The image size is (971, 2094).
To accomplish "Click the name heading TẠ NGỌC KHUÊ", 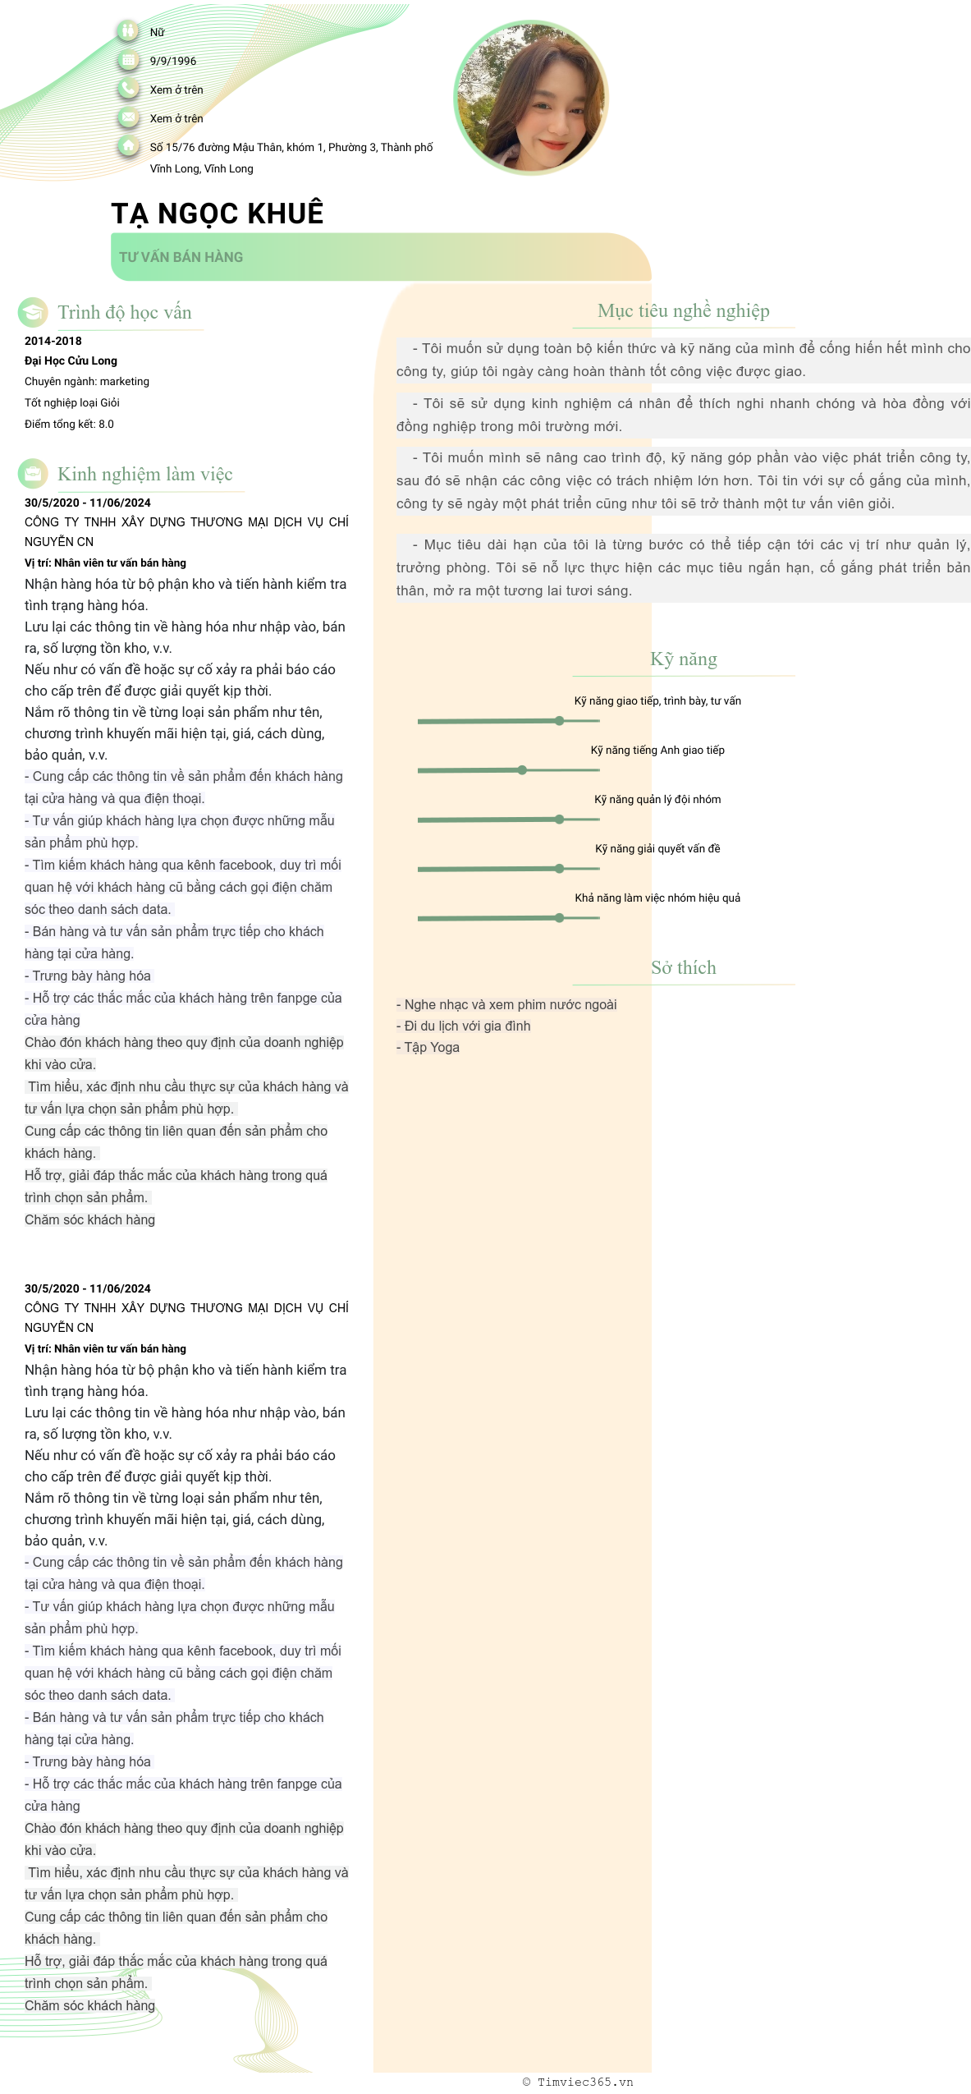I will pyautogui.click(x=218, y=214).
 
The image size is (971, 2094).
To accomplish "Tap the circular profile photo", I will pyautogui.click(x=531, y=98).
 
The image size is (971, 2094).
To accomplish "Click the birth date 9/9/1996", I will pyautogui.click(x=172, y=61).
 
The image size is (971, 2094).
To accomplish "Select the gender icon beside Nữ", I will pyautogui.click(x=128, y=31).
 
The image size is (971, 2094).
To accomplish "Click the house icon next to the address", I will pyautogui.click(x=128, y=146).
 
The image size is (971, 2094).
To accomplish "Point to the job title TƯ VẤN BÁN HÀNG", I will pyautogui.click(x=181, y=257).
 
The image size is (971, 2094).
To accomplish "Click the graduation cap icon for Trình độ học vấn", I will pyautogui.click(x=33, y=312).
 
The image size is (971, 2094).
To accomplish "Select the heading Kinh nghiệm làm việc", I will pyautogui.click(x=144, y=474).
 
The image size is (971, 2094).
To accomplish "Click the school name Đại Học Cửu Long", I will pyautogui.click(x=71, y=360).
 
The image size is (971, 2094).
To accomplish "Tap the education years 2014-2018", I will pyautogui.click(x=53, y=341).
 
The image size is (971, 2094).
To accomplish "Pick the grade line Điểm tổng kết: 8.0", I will pyautogui.click(x=69, y=424).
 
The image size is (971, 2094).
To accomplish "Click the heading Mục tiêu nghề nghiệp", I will pyautogui.click(x=683, y=310).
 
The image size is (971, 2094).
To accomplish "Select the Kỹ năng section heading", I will pyautogui.click(x=683, y=659).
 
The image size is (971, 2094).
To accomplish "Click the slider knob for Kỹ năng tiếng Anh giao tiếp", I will pyautogui.click(x=522, y=770).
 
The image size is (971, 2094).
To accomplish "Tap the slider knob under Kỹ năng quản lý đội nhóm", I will pyautogui.click(x=559, y=820).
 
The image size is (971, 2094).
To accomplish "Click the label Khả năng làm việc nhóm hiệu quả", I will pyautogui.click(x=657, y=898).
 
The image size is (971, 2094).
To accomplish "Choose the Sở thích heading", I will pyautogui.click(x=683, y=967).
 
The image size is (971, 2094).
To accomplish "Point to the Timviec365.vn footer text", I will pyautogui.click(x=578, y=2082).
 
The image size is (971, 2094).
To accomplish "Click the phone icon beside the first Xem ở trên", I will pyautogui.click(x=128, y=89).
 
